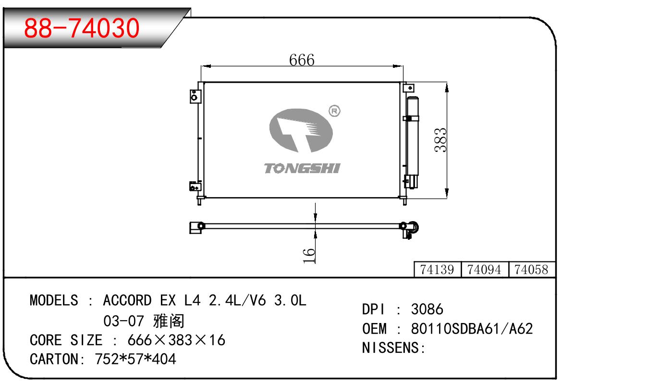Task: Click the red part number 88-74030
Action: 82,28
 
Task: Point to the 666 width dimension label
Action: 302,60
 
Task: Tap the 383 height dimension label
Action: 440,140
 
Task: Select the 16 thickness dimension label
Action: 309,256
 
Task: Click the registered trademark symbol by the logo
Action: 334,111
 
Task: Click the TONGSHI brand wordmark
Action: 302,168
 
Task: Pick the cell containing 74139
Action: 437,269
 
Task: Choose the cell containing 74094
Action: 485,269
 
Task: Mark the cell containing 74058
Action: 532,269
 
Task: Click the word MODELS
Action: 54,300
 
